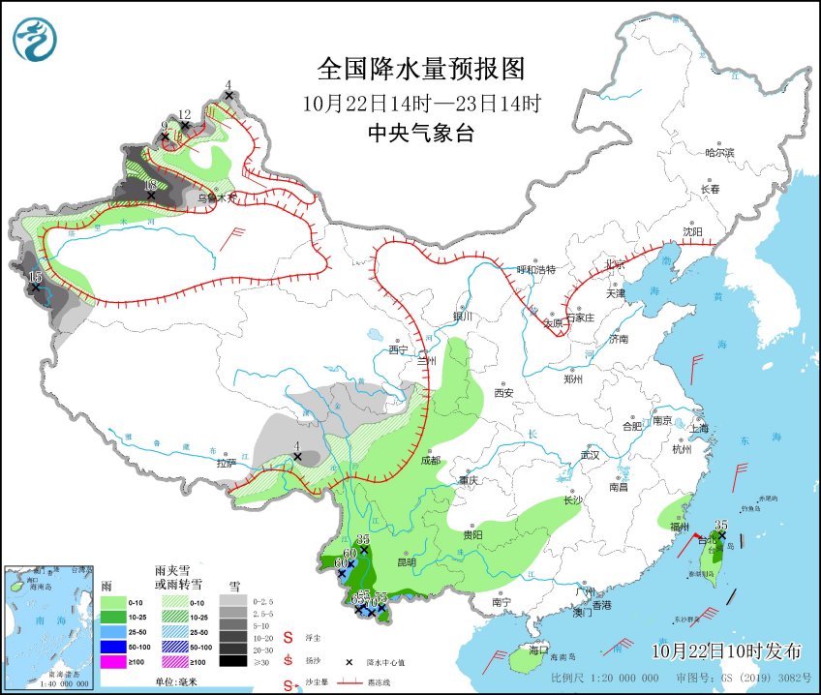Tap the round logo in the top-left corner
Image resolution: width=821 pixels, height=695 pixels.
(x=35, y=39)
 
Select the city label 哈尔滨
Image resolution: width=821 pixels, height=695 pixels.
(x=720, y=153)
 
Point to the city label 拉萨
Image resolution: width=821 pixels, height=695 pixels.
(x=228, y=464)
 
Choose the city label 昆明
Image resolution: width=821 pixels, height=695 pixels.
(x=406, y=561)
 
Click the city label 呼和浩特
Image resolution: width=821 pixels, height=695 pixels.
(x=536, y=270)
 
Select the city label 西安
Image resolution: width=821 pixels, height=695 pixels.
(x=503, y=393)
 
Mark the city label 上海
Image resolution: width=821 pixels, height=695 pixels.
(x=699, y=428)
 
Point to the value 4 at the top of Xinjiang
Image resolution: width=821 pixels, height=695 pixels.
(x=228, y=85)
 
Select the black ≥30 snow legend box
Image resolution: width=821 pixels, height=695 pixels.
(x=231, y=661)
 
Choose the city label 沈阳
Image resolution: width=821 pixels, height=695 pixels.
(x=691, y=232)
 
